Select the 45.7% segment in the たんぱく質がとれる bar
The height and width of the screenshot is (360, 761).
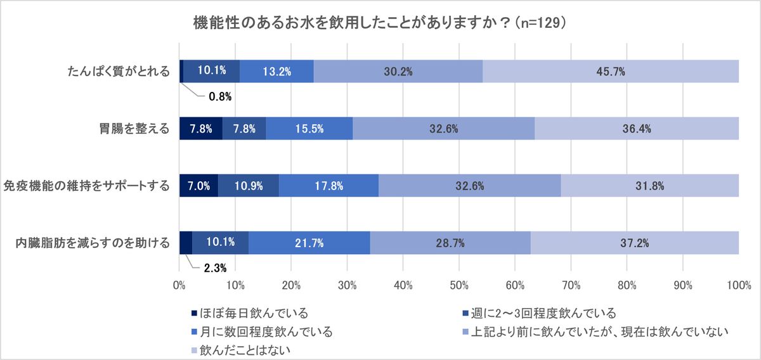click(611, 72)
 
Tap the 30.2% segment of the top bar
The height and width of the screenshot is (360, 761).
click(398, 72)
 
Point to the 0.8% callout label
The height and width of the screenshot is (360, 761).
click(220, 97)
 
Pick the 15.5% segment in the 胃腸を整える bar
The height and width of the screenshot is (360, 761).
click(309, 129)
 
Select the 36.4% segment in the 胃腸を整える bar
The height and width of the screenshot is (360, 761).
click(636, 129)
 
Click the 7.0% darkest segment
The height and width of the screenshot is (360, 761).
click(198, 186)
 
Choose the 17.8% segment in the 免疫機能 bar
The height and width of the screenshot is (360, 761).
click(328, 186)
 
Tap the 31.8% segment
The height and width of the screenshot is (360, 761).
click(649, 186)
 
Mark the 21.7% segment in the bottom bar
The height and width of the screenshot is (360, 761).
click(309, 242)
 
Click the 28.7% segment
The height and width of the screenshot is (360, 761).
click(450, 242)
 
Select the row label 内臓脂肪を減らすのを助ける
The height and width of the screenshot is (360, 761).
click(94, 242)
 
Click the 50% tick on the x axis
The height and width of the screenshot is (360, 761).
click(459, 286)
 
